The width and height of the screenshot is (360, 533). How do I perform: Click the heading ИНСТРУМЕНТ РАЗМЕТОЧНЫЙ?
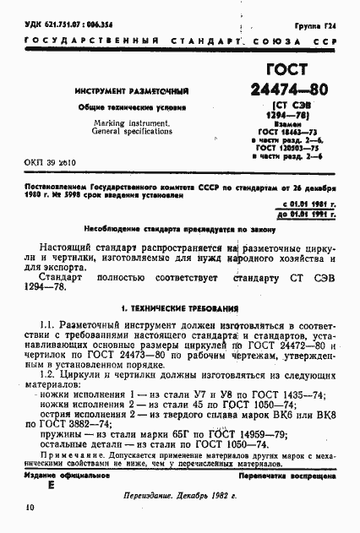(131, 90)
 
